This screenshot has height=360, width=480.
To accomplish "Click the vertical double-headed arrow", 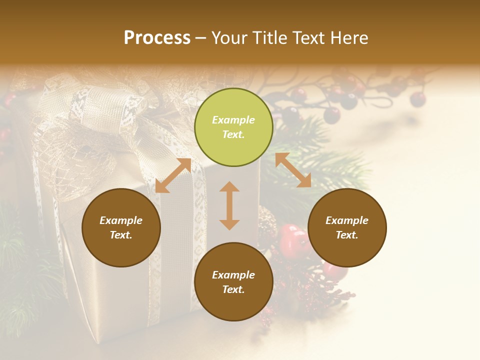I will [229, 205].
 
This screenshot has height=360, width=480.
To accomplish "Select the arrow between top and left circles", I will [173, 175].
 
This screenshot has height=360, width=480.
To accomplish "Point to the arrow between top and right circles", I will [293, 170].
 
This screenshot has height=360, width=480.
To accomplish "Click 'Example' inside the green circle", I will [233, 120].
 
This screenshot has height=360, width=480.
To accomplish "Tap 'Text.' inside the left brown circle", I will [121, 235].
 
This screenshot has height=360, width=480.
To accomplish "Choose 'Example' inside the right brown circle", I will [347, 220].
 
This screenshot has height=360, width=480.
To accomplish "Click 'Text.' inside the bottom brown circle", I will [233, 289].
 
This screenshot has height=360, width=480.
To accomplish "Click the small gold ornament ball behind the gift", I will [267, 220].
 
